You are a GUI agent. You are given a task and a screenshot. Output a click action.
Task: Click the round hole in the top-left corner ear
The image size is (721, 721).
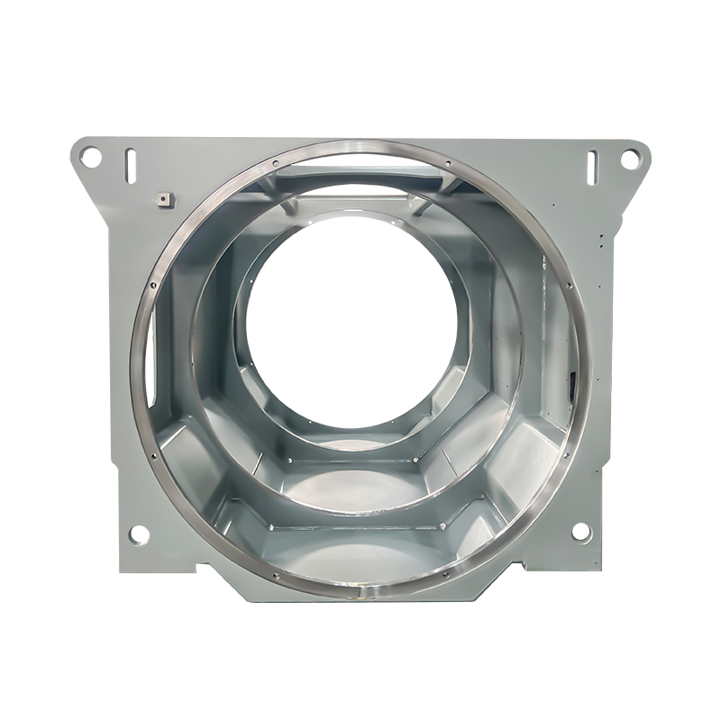[90, 157]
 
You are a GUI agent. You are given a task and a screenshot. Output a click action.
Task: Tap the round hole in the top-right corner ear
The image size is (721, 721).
[628, 159]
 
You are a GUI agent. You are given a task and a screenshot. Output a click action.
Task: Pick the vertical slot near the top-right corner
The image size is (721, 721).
[593, 165]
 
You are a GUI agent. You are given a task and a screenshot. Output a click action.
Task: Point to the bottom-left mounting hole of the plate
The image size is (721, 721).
[139, 535]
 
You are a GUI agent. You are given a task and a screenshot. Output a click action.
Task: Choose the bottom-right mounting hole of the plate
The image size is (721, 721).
[581, 532]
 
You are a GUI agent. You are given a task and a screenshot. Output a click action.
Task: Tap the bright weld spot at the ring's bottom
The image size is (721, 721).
[363, 596]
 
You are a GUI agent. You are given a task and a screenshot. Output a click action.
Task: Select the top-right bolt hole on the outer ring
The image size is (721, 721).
[449, 164]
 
